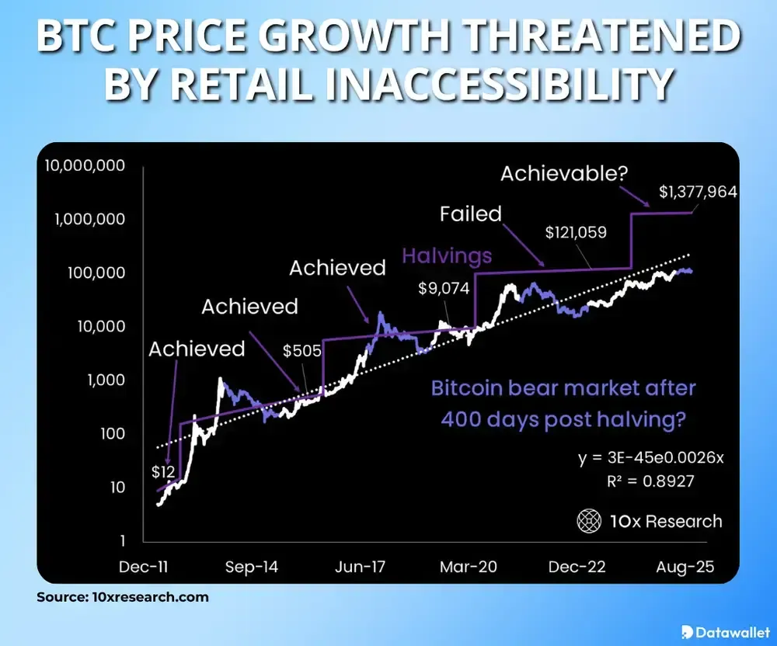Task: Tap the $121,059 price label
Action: (575, 231)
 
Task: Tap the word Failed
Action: (471, 214)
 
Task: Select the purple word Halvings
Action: (447, 255)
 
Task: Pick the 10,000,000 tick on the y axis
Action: (85, 165)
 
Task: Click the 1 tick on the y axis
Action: (123, 540)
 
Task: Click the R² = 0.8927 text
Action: (650, 481)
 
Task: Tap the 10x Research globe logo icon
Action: (588, 522)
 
